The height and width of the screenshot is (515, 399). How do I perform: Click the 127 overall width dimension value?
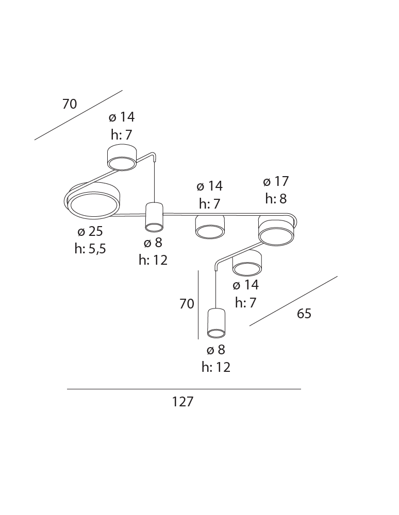(182, 402)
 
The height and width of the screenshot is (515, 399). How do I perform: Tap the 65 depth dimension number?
(304, 314)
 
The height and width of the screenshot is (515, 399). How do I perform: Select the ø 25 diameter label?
(90, 231)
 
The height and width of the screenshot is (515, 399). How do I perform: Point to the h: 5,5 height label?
(90, 249)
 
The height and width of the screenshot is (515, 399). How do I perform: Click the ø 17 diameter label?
(276, 181)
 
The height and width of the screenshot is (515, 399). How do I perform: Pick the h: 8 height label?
(276, 199)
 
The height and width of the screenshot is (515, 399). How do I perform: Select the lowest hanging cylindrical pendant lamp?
(216, 323)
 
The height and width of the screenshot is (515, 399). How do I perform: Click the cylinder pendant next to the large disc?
(154, 217)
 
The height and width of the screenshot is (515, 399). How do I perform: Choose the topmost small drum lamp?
(122, 157)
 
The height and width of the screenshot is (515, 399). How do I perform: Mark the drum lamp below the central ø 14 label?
(210, 227)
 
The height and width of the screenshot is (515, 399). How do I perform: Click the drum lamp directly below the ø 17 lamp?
(247, 263)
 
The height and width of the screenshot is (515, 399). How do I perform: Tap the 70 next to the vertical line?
(187, 304)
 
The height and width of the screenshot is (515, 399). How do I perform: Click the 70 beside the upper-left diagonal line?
(70, 104)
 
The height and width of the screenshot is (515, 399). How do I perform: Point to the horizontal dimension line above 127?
(184, 389)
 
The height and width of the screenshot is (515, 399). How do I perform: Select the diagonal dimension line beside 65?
(293, 301)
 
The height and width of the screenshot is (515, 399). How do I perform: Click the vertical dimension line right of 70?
(198, 304)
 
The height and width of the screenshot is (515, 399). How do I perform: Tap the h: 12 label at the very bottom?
(215, 367)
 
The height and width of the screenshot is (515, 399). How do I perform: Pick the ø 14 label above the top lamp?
(122, 117)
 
